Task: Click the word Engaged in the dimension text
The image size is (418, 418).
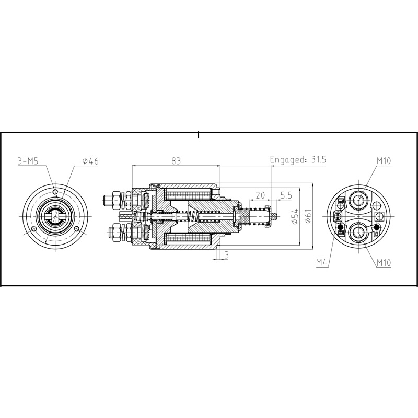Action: tap(285, 160)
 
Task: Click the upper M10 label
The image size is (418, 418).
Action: tap(382, 161)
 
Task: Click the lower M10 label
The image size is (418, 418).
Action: tap(382, 262)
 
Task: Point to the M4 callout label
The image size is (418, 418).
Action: tap(322, 262)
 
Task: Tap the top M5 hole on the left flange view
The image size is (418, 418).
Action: tap(55, 192)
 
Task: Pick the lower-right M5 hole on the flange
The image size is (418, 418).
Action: tap(77, 229)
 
